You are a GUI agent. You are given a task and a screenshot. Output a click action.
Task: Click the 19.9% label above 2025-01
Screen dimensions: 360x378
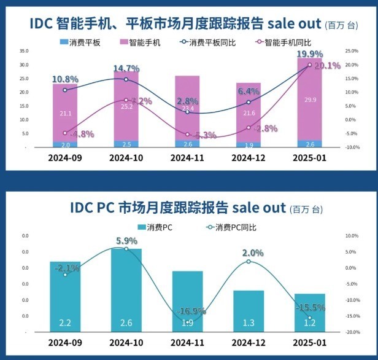[310, 55]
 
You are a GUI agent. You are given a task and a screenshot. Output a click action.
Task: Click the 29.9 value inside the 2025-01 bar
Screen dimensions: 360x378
[310, 100]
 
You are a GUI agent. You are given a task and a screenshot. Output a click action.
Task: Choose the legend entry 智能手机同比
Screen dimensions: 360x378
[282, 43]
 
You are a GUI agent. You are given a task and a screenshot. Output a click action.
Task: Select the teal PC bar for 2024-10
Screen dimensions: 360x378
[126, 289]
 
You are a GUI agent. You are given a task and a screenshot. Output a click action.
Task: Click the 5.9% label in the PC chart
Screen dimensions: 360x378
[126, 240]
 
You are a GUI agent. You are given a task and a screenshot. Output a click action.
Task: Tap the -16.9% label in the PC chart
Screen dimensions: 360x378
[188, 311]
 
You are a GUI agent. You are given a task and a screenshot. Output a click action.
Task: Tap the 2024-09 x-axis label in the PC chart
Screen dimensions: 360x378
[65, 342]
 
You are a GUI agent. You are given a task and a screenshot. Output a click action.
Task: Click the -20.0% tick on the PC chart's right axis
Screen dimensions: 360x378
[352, 332]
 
